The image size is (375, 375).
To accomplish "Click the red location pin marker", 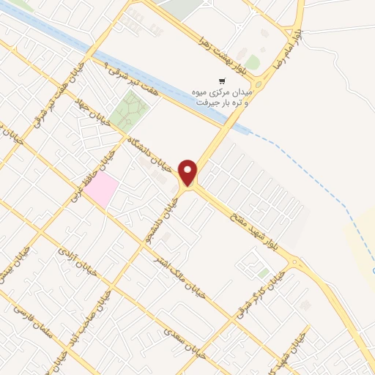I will (x=190, y=172).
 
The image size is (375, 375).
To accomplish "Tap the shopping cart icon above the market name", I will (x=222, y=81).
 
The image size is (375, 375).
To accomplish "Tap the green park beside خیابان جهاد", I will (x=130, y=111).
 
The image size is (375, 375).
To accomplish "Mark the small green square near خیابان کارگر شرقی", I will (x=263, y=273).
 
